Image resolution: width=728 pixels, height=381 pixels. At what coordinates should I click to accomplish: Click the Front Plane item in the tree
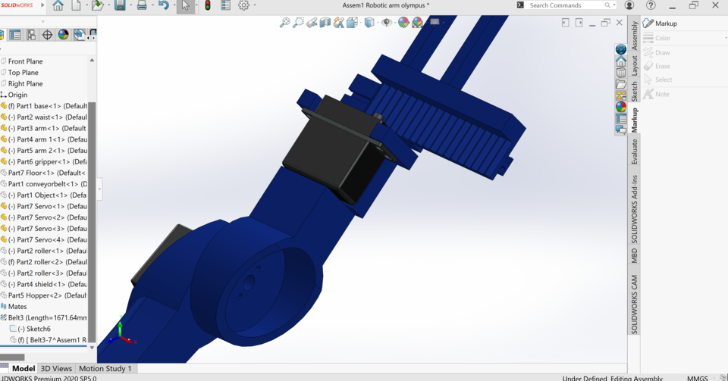[x=25, y=61]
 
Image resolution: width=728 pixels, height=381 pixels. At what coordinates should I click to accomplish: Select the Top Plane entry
[x=23, y=73]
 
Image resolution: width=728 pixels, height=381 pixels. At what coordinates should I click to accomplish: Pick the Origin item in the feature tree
[x=17, y=95]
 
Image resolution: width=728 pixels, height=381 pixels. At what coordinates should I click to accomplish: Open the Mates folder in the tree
[x=17, y=307]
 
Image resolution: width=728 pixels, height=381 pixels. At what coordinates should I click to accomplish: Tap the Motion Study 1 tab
[x=105, y=368]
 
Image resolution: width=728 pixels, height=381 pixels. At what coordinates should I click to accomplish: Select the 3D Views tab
[x=56, y=368]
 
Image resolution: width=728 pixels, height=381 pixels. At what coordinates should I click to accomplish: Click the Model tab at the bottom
[x=23, y=368]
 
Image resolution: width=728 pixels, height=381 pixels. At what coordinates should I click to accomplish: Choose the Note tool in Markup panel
[x=662, y=94]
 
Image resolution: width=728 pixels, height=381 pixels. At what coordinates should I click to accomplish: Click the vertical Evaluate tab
[x=635, y=151]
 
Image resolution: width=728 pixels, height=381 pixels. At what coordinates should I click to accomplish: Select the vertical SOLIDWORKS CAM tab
[x=635, y=304]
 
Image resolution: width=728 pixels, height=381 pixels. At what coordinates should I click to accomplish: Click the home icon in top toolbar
[x=58, y=5]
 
